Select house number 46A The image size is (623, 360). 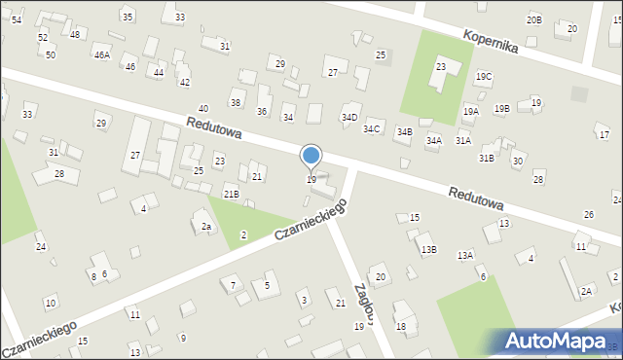pos(101,55)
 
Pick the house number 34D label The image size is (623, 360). pos(349,117)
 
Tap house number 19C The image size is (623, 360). pos(484,76)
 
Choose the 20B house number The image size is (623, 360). pos(533,19)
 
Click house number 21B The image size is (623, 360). pos(231,195)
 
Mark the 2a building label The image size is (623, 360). pos(205,227)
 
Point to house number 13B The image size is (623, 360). pos(428,249)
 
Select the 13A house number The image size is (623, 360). pos(466,255)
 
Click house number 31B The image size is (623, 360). pos(486,158)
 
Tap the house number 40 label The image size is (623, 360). pos(202,108)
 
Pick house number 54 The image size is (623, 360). pos(17,19)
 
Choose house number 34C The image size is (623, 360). pos(371,129)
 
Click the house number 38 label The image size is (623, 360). pos(236,102)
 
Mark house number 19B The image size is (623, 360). pos(501,108)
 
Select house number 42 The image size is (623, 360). pos(185,83)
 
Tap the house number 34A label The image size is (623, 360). pos(434,140)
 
